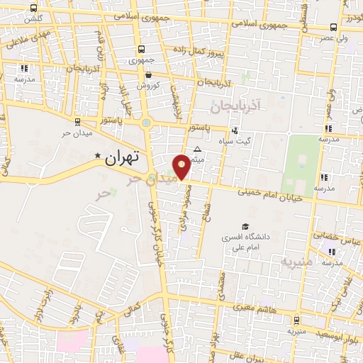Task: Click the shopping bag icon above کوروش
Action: [x=149, y=74]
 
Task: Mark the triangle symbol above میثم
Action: [x=197, y=150]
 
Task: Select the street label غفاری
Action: [x=116, y=346]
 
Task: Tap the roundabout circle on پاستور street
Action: [x=146, y=123]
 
